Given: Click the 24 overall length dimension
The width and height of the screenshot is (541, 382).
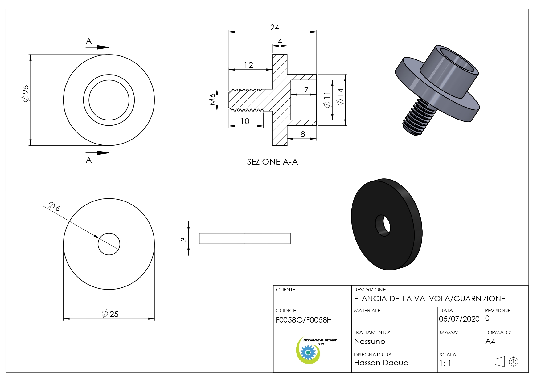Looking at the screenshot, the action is click(x=275, y=27).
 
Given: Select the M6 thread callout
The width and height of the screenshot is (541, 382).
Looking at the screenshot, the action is click(x=212, y=100).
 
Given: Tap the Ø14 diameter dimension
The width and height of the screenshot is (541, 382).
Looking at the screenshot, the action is click(x=340, y=97).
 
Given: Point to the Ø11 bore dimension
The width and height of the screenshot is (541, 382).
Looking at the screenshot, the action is click(x=327, y=100).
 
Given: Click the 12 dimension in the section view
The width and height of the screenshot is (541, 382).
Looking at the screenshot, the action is click(x=248, y=65).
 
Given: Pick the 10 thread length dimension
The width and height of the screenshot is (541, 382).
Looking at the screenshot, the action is click(x=245, y=121).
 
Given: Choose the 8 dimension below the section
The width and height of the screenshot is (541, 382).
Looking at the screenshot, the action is click(x=303, y=134).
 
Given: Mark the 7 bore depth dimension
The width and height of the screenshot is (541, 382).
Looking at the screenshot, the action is click(x=306, y=90).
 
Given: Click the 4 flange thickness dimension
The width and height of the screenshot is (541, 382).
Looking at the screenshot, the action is click(x=280, y=41).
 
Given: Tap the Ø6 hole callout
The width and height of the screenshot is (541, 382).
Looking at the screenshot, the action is click(x=54, y=206).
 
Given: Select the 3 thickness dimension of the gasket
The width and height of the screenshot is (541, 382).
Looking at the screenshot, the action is click(x=184, y=239).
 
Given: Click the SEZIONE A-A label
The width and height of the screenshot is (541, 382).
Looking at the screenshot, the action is click(x=273, y=162).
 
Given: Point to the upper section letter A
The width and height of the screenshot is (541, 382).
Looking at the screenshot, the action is click(x=89, y=41).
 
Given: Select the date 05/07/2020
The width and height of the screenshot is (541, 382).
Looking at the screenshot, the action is click(x=459, y=319).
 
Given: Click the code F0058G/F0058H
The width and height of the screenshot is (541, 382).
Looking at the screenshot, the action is click(x=304, y=320).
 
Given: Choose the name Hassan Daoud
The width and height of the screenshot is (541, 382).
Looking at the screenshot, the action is click(x=381, y=363).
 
